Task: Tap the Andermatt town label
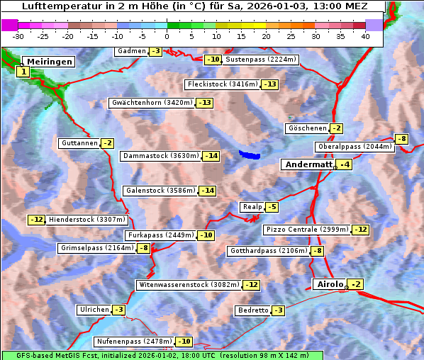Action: (308, 164)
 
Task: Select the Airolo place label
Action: (330, 284)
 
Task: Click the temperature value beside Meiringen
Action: (23, 72)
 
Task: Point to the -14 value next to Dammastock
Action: (211, 156)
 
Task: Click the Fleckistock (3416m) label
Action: (221, 85)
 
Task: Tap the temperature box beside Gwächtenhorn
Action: (204, 103)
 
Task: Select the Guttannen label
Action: (79, 143)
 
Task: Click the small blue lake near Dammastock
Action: (249, 154)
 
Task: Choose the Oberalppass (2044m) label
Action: (355, 147)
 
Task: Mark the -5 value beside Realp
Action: (272, 207)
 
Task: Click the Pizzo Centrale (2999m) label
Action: (308, 230)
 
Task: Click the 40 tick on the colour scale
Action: (365, 35)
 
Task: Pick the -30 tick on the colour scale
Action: (18, 35)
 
